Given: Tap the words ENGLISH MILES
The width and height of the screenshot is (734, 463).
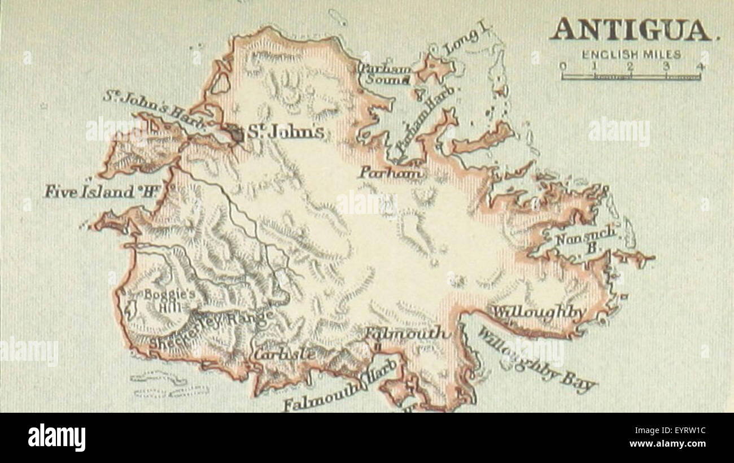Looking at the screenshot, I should click(x=631, y=55).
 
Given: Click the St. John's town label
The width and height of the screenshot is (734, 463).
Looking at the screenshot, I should click(x=286, y=133).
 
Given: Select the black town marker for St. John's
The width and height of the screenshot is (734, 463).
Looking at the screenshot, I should click(x=236, y=133).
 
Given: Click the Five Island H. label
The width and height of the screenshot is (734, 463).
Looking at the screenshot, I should click(x=100, y=191).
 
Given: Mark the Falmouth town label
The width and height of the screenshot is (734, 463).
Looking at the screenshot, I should click(x=407, y=333).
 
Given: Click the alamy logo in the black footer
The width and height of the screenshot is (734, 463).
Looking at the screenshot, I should click(x=56, y=437).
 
